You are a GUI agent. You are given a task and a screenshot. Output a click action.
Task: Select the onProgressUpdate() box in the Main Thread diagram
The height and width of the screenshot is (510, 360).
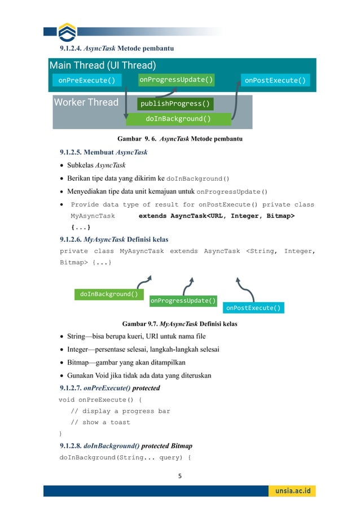177,80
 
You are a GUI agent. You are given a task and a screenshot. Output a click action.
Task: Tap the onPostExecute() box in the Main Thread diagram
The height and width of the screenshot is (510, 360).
275,80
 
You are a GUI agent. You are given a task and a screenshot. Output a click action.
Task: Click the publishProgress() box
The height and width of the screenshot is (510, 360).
175,104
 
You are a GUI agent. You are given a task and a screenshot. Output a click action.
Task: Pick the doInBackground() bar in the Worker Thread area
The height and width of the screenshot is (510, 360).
178,119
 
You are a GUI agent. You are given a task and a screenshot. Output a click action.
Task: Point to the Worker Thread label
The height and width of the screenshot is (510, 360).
86,102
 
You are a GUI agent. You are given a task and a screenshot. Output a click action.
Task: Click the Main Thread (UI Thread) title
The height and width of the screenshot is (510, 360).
103,65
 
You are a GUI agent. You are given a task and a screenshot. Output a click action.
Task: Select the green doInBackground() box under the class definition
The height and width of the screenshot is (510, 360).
109,294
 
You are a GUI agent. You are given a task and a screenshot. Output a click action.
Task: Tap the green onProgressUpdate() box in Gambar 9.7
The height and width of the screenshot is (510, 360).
183,300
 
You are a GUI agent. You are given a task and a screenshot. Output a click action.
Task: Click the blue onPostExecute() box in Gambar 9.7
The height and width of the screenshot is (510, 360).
253,308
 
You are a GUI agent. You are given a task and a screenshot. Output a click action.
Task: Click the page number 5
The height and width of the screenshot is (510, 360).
180,476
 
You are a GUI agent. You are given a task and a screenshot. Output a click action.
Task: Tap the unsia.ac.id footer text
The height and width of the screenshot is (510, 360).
293,491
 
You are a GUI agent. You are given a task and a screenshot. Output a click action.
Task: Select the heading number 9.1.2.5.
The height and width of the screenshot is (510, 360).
73,152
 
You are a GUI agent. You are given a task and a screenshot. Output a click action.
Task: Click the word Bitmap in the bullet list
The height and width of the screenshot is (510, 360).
80,362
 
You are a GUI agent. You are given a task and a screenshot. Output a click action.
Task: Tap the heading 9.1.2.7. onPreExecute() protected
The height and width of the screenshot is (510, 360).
109,388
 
